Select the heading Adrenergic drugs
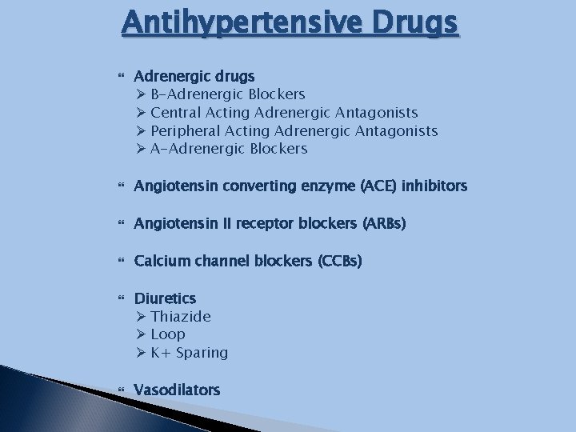[194, 76]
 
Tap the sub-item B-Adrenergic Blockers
[227, 94]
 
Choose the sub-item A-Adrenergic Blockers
[229, 149]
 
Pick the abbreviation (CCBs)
[339, 261]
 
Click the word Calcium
[160, 261]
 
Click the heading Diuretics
[165, 298]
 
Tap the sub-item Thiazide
[181, 317]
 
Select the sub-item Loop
[167, 334]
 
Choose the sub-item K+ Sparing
[189, 353]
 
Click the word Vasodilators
[177, 390]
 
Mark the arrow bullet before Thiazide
[140, 317]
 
